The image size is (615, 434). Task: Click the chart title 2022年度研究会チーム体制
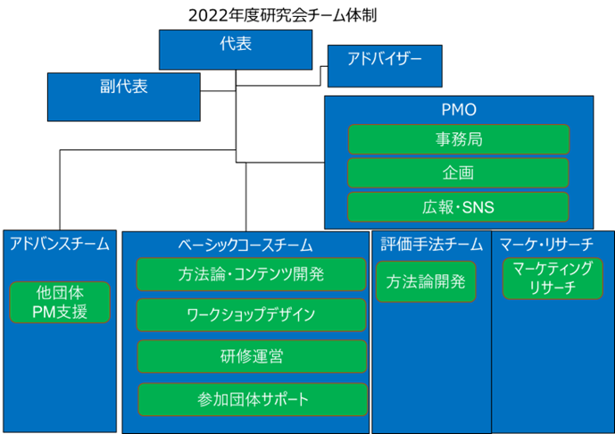pyautogui.click(x=282, y=15)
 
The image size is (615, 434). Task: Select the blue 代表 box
pyautogui.click(x=236, y=50)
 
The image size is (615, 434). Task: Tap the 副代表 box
pyautogui.click(x=124, y=97)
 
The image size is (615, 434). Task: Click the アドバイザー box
pyautogui.click(x=385, y=66)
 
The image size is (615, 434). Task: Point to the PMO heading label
pyautogui.click(x=459, y=110)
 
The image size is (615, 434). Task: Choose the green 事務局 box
pyautogui.click(x=459, y=139)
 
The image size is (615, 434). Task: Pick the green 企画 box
pyautogui.click(x=458, y=173)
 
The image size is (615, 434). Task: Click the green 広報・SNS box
pyautogui.click(x=458, y=207)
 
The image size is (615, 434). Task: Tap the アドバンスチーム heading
pyautogui.click(x=60, y=244)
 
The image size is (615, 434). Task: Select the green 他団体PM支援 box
pyautogui.click(x=60, y=303)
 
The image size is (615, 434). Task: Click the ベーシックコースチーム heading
pyautogui.click(x=245, y=246)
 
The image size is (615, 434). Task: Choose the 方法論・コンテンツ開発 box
pyautogui.click(x=251, y=274)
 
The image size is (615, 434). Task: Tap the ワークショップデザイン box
pyautogui.click(x=251, y=315)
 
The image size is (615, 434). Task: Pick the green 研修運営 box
pyautogui.click(x=252, y=356)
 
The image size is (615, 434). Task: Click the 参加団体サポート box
pyautogui.click(x=253, y=399)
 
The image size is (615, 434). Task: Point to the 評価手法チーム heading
pyautogui.click(x=431, y=244)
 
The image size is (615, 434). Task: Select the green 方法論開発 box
pyautogui.click(x=426, y=282)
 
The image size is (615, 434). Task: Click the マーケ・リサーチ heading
pyautogui.click(x=546, y=245)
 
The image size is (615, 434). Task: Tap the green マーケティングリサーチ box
pyautogui.click(x=553, y=279)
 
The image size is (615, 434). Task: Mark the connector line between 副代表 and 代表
pyautogui.click(x=218, y=91)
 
